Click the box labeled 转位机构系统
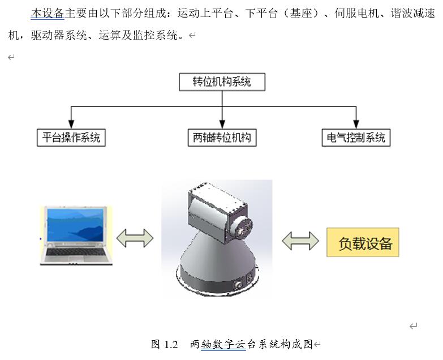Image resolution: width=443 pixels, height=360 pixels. coord(222,82)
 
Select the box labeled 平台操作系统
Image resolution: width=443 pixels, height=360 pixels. coord(71,138)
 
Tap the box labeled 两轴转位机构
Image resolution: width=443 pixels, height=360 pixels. coord(222,138)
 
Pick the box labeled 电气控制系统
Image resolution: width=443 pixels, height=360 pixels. coord(356,138)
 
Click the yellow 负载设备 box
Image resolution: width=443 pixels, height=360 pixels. coord(363,242)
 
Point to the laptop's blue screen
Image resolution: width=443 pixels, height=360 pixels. coord(75,225)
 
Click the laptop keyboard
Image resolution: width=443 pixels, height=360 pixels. coord(75,252)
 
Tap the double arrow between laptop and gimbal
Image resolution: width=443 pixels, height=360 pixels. coord(135,238)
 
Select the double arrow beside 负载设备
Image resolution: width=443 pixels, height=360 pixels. coord(300,241)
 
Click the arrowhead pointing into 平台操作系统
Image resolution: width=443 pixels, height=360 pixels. coord(71,125)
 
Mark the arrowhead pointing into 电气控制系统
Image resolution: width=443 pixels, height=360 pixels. coord(356,125)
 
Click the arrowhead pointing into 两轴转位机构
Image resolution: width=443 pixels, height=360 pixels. coord(222,125)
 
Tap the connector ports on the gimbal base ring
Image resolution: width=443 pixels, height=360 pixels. coord(243,281)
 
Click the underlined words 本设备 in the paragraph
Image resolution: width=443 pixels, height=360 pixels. coord(48,13)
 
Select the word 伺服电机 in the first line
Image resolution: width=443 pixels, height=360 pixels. coord(356,13)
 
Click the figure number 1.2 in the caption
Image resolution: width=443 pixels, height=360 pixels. coord(171,345)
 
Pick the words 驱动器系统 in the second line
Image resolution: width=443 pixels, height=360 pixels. coord(59,36)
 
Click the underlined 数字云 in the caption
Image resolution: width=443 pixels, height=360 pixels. coord(223,345)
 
